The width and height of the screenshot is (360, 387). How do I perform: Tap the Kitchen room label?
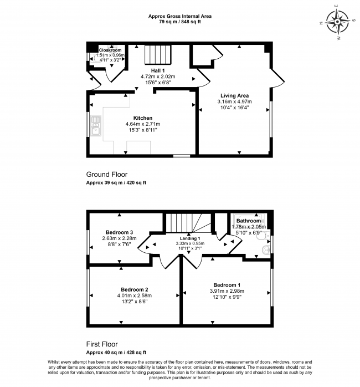(x=143, y=118)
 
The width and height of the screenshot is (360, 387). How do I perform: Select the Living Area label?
(x=234, y=95)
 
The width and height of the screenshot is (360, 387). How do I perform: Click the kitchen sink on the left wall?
(x=95, y=126)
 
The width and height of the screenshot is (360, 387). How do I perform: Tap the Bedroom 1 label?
(x=227, y=284)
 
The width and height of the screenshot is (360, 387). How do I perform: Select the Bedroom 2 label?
(x=135, y=289)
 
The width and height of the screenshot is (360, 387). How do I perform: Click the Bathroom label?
(x=249, y=221)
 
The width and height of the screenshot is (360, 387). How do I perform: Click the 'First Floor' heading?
(x=102, y=344)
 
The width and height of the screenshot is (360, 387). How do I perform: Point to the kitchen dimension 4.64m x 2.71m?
(x=143, y=124)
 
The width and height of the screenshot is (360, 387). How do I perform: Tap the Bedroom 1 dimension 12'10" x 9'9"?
(x=227, y=298)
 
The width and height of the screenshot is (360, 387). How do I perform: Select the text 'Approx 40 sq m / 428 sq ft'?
(x=116, y=353)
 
